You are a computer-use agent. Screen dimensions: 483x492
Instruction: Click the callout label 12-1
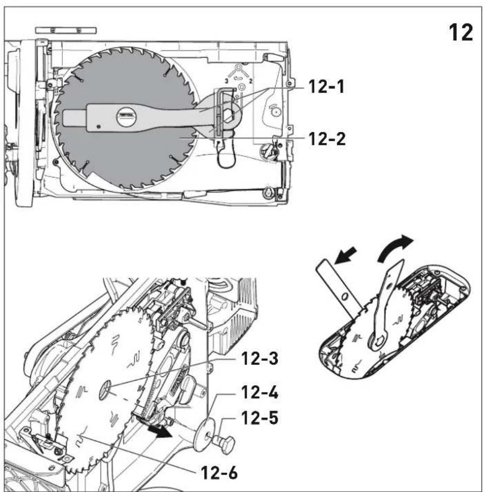tap(326, 87)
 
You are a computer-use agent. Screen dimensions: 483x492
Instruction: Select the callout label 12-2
tap(327, 139)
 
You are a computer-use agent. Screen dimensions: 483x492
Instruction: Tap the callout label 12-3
tap(260, 358)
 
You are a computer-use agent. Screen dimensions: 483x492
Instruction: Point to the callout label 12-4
tap(260, 392)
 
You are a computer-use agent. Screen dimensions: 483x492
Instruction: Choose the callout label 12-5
tap(260, 418)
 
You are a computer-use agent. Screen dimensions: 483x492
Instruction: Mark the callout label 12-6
tap(220, 472)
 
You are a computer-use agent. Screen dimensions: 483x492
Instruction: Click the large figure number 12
tap(461, 32)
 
